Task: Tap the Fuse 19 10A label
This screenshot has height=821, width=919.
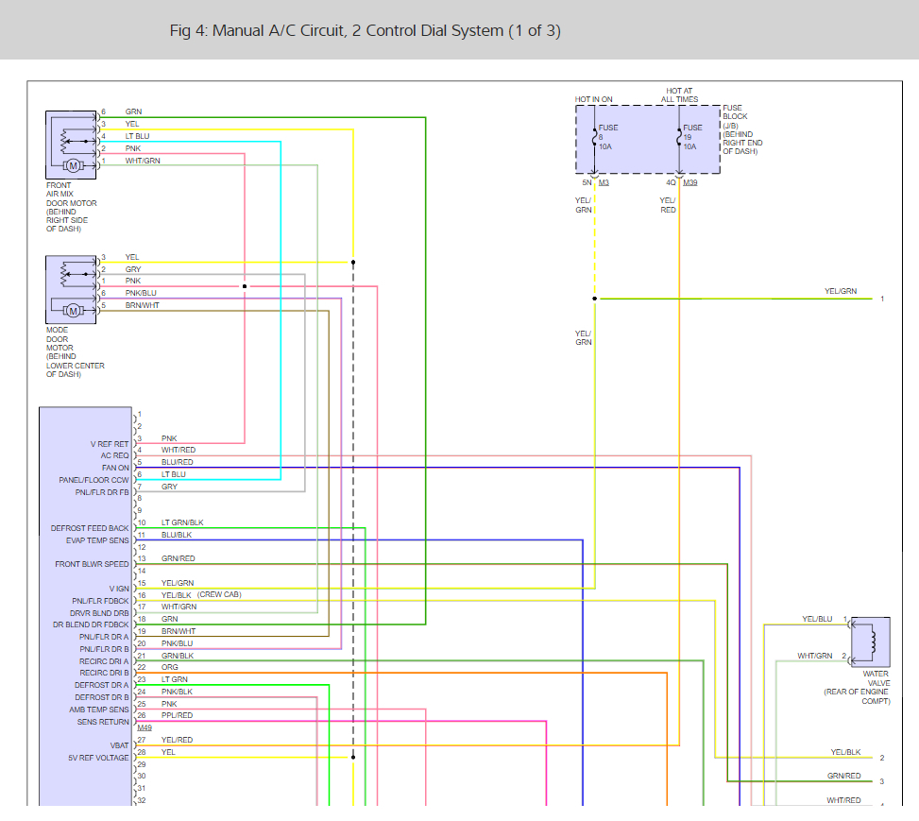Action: (x=692, y=137)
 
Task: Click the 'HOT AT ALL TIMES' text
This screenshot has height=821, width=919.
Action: (x=679, y=95)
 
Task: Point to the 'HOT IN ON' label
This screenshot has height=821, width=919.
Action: (x=593, y=99)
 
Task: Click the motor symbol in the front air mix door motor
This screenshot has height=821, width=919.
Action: (x=74, y=166)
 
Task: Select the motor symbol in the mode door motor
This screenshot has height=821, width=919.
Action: (x=74, y=311)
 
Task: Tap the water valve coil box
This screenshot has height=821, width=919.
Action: (x=870, y=641)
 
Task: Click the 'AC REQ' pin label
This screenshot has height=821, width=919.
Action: (x=114, y=455)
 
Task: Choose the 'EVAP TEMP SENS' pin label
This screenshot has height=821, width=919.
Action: (x=97, y=540)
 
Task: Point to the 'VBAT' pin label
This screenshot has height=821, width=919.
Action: (x=120, y=745)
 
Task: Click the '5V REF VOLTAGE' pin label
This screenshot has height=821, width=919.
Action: (x=98, y=758)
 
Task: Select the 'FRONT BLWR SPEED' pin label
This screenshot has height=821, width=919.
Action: (x=92, y=564)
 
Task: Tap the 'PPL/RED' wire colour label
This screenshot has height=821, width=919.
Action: (x=177, y=715)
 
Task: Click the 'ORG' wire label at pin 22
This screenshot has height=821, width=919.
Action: (x=169, y=667)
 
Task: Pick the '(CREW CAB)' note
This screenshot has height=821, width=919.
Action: (x=219, y=594)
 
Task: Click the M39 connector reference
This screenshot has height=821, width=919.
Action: (x=690, y=182)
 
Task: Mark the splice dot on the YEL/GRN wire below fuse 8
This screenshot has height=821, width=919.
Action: (x=595, y=299)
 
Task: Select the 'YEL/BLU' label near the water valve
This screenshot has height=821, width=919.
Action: (x=817, y=619)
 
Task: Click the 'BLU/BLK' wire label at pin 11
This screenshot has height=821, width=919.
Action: (x=177, y=535)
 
